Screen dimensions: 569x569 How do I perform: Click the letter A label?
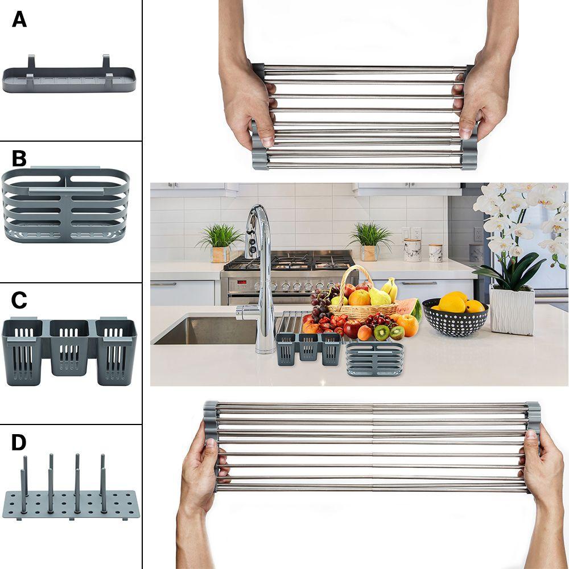coord(19,20)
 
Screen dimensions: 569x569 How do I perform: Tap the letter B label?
coord(19,158)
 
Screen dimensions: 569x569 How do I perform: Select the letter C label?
coord(19,300)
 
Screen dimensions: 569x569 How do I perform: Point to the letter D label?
coord(19,442)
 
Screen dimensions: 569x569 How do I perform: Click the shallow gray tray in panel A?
coord(69,80)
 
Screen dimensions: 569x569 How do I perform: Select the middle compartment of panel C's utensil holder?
coord(69,347)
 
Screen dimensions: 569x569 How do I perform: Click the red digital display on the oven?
coord(242,282)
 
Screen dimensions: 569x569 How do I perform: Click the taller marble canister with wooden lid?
coord(413,249)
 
